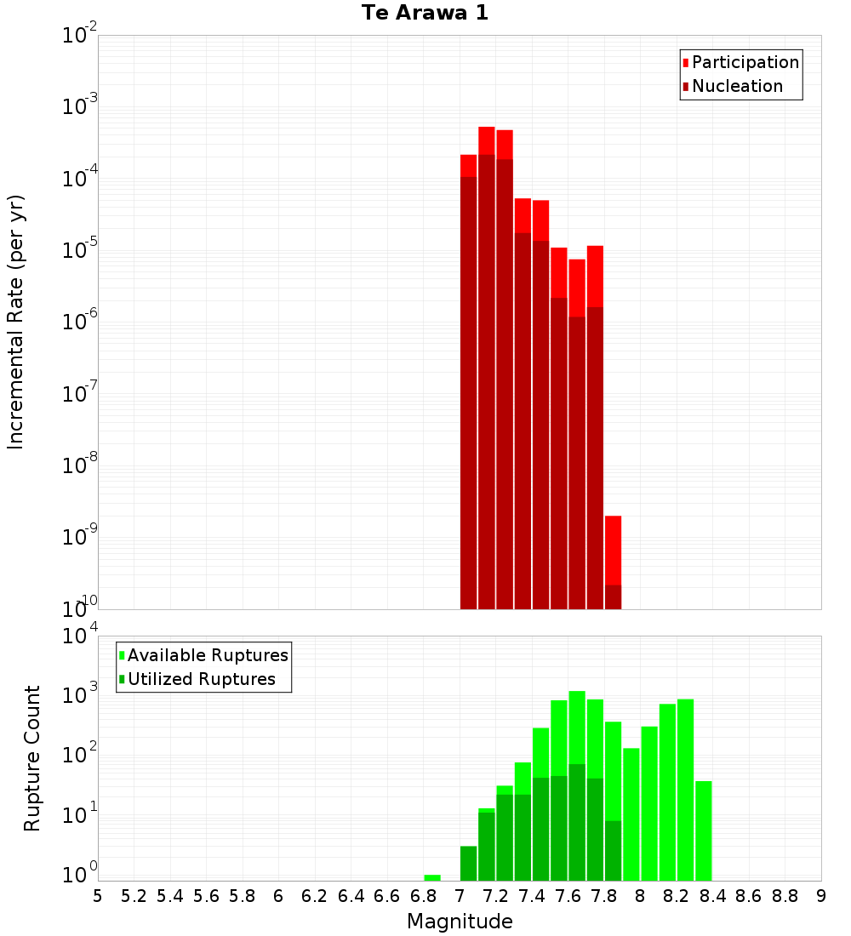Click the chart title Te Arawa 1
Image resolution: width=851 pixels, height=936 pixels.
pyautogui.click(x=425, y=14)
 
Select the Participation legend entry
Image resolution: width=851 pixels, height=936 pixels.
pyautogui.click(x=745, y=63)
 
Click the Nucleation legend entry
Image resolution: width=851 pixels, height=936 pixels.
pyautogui.click(x=736, y=87)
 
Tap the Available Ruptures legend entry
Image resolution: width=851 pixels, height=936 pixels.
pyautogui.click(x=207, y=656)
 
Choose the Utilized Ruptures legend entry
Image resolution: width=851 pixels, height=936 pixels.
pyautogui.click(x=201, y=680)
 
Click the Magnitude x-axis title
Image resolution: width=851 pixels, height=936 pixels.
pyautogui.click(x=460, y=922)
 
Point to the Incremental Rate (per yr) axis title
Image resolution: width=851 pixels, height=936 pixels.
pyautogui.click(x=16, y=322)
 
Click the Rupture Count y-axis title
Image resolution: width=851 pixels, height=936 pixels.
pyautogui.click(x=32, y=758)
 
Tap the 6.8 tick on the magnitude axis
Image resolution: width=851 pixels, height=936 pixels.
pyautogui.click(x=424, y=896)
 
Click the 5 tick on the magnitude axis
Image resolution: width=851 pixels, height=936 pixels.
pyautogui.click(x=98, y=896)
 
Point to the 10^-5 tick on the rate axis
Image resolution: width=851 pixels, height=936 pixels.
pyautogui.click(x=79, y=251)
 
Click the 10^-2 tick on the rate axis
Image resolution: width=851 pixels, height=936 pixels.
pyautogui.click(x=79, y=36)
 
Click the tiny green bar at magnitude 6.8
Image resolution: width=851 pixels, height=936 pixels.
pyautogui.click(x=432, y=877)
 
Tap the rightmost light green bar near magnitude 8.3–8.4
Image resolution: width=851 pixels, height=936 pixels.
pyautogui.click(x=704, y=830)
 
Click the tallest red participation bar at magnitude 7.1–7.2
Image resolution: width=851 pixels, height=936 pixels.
pyautogui.click(x=487, y=140)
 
